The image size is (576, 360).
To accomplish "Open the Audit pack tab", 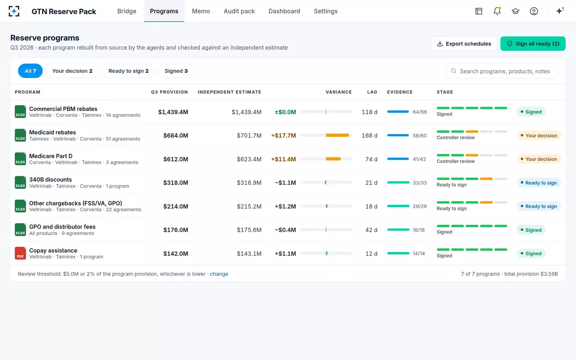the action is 239,11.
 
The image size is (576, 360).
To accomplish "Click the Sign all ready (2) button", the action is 533,44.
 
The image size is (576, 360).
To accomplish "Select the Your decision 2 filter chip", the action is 72,71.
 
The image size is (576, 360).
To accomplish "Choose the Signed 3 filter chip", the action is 176,71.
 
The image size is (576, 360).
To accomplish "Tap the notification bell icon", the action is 497,11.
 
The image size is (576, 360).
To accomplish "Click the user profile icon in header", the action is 534,11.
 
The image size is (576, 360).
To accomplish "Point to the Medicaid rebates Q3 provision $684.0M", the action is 176,136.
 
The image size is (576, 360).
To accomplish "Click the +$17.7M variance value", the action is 283,136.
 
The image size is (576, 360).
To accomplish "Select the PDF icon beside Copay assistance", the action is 20,253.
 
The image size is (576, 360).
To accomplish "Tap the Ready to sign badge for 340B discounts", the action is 538,183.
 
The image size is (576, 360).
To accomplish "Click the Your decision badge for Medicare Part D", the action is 538,159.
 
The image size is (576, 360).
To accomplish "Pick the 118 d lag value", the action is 369,112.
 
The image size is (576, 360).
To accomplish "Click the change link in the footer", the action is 219,274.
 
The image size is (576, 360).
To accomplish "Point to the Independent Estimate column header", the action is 229,92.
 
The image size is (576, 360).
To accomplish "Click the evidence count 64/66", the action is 420,112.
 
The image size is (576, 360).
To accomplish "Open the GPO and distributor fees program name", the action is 62,227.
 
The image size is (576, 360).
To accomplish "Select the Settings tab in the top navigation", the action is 326,11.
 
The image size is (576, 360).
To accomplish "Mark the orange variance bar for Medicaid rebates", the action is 337,135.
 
